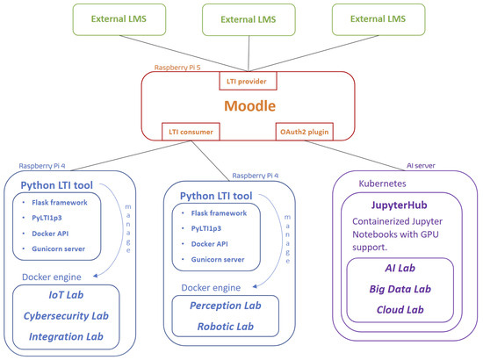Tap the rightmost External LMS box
coord(373,18)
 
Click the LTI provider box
coord(249,82)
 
